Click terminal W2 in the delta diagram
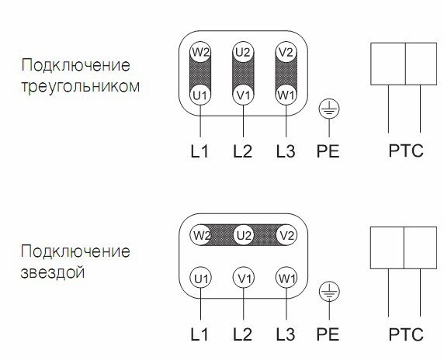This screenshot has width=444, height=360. (200, 52)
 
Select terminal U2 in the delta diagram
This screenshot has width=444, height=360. (243, 52)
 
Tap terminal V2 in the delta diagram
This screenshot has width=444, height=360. (286, 52)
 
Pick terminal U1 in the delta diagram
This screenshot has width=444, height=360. (200, 95)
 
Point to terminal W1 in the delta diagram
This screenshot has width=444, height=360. (286, 95)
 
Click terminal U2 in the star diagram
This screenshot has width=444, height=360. (244, 235)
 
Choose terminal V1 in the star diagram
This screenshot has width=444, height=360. (244, 278)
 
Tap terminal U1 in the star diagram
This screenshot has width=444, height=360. (200, 278)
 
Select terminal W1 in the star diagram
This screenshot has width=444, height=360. (286, 278)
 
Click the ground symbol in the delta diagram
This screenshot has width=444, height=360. (329, 109)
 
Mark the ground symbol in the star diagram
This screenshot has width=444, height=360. (329, 292)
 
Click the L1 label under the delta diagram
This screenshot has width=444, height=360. (199, 151)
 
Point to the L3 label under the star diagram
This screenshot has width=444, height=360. (286, 334)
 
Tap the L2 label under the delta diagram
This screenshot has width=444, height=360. (242, 151)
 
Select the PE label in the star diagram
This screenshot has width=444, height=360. (328, 334)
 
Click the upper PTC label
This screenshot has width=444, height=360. (406, 151)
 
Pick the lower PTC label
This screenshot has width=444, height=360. (406, 334)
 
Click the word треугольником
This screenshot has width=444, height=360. (81, 86)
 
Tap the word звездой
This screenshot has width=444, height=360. (52, 272)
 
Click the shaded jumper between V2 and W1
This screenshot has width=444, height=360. (286, 74)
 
